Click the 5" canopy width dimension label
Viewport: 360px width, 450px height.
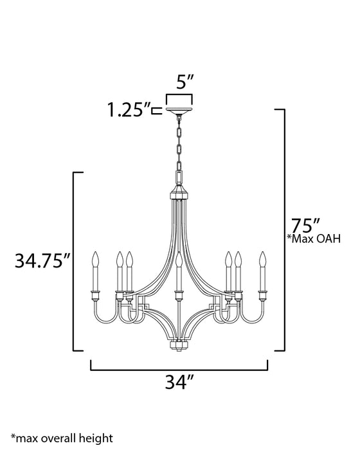pyautogui.click(x=179, y=84)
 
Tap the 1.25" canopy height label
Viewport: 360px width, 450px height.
pyautogui.click(x=127, y=110)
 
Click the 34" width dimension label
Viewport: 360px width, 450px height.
pyautogui.click(x=179, y=383)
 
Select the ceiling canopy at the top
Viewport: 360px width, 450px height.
pyautogui.click(x=179, y=113)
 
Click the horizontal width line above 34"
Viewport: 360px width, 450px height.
pyautogui.click(x=179, y=370)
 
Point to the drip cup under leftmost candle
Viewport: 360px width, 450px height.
pyautogui.click(x=97, y=294)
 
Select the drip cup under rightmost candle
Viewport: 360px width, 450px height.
pyautogui.click(x=262, y=294)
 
